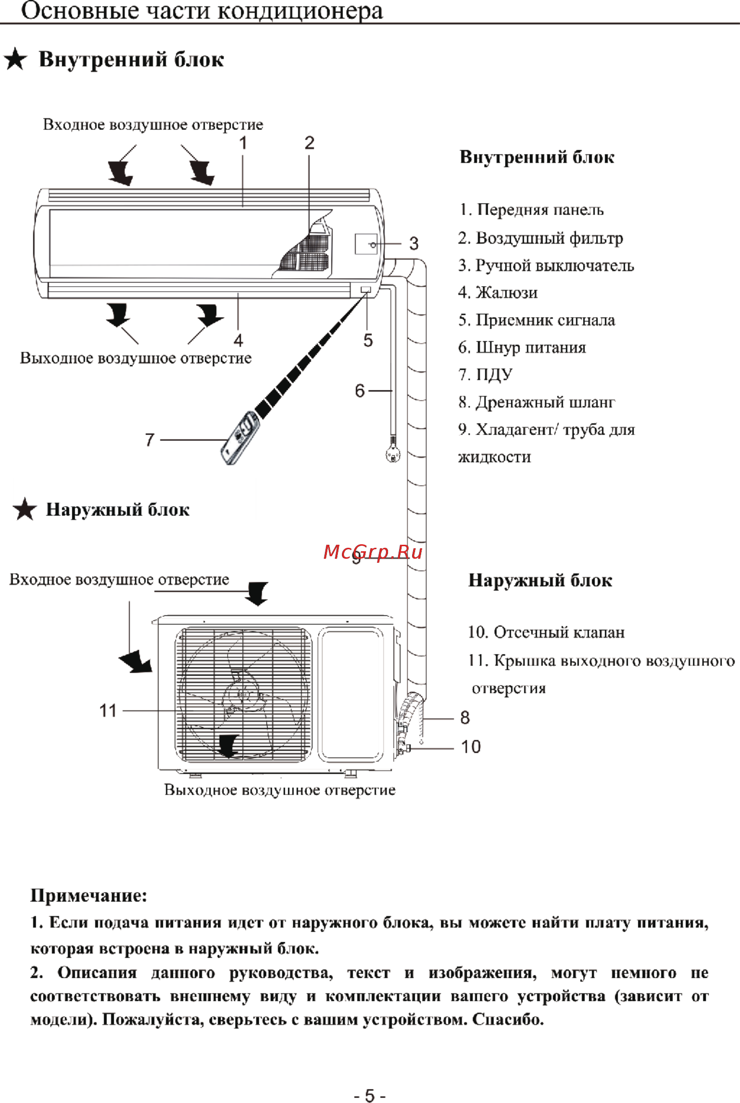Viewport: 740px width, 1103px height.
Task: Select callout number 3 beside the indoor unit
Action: tap(414, 244)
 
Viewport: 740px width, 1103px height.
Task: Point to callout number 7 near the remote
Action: tap(149, 440)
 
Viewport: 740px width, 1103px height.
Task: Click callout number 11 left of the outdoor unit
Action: tap(108, 711)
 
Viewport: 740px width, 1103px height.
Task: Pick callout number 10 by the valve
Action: tap(471, 747)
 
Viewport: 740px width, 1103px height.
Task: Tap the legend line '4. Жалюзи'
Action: tap(498, 293)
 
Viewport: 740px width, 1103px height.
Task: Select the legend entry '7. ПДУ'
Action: tap(485, 374)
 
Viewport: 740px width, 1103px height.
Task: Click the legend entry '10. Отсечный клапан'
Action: tap(546, 632)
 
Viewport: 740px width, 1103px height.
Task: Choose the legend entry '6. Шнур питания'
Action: tap(522, 347)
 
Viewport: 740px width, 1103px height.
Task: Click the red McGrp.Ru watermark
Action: tap(373, 552)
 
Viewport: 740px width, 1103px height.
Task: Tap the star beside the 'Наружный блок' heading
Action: tap(25, 509)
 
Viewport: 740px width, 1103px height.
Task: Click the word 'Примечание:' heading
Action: tap(89, 896)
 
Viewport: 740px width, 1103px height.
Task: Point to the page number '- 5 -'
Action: tap(369, 1095)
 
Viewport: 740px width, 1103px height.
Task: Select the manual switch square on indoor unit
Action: tap(366, 244)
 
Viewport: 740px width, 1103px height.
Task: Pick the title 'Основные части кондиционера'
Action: tap(202, 11)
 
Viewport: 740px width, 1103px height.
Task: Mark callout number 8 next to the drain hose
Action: tap(465, 718)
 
